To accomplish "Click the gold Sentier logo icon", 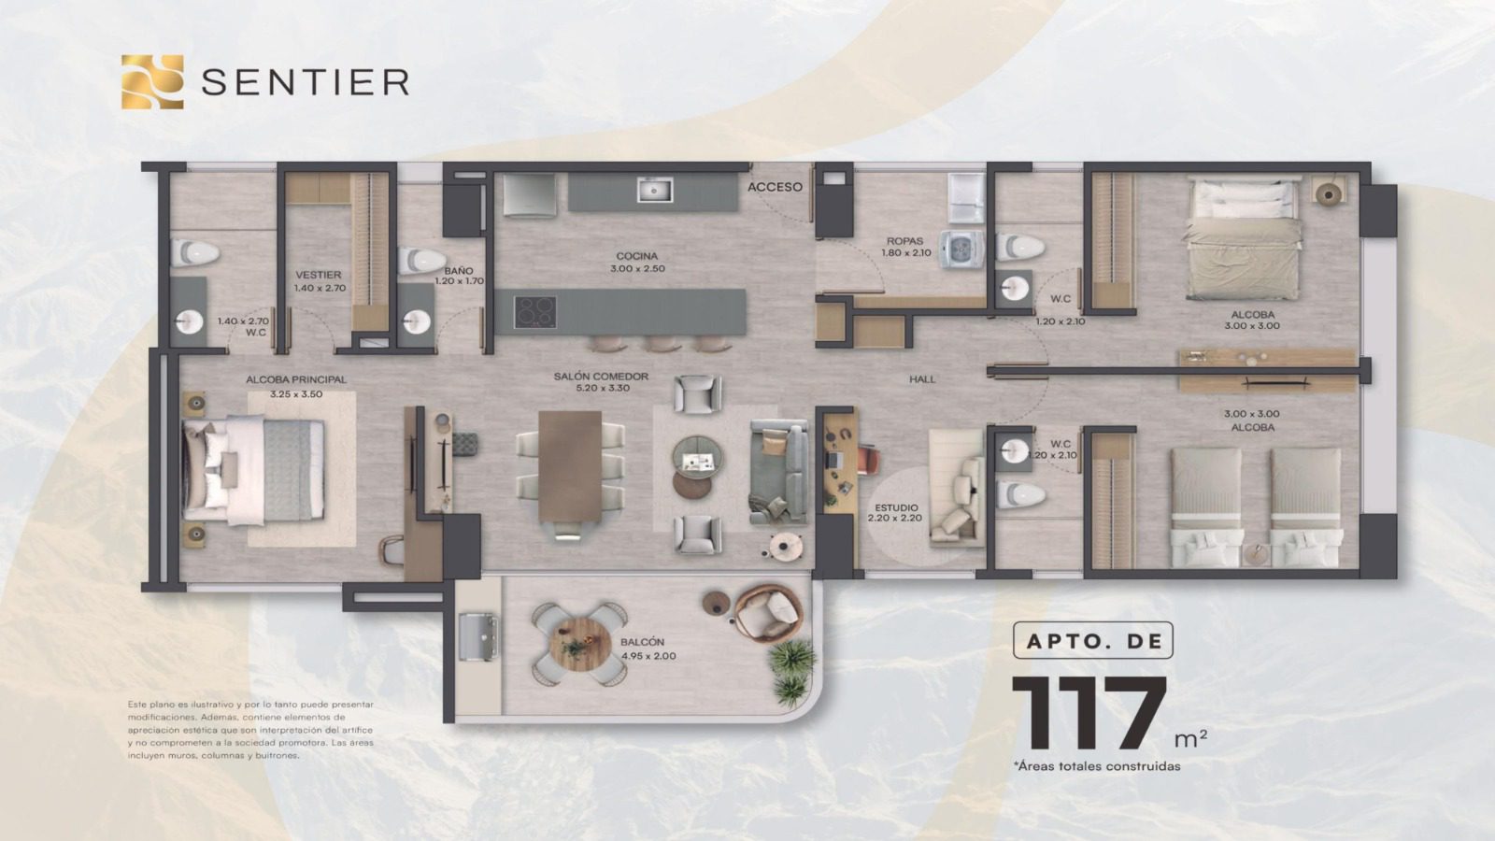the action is pos(152,81).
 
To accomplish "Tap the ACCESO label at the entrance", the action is pos(775,187).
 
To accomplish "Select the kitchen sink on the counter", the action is pos(655,191).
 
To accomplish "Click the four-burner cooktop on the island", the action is pos(535,312).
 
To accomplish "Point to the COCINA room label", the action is pos(636,256).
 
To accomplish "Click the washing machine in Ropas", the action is pos(961,249).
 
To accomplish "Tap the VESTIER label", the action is pos(319,275).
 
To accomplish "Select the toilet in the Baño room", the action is pos(421,261).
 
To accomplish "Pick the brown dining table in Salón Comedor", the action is pos(570,466).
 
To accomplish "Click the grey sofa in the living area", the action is pos(778,472).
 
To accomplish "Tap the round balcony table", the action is pos(580,644).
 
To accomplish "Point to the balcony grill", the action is pos(478,636).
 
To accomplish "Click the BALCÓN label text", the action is pos(642,641).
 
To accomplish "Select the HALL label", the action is pos(922,379).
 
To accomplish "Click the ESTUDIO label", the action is pos(896,507).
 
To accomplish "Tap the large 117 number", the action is pos(1089,713).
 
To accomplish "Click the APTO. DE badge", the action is pos(1092,640).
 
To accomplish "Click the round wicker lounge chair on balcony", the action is pos(767,614).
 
